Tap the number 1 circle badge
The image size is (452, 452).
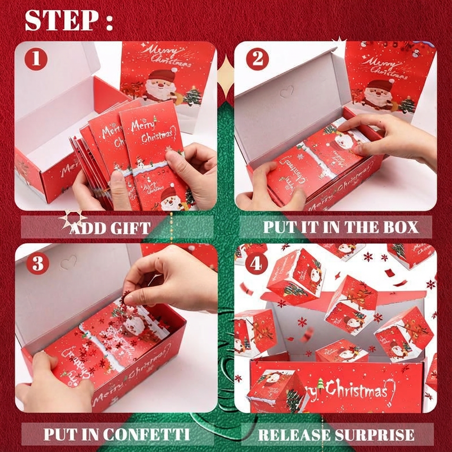click(36, 59)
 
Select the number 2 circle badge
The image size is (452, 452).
click(257, 59)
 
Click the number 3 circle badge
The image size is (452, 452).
click(38, 264)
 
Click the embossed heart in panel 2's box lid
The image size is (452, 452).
click(287, 92)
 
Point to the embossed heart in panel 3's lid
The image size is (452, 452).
click(68, 263)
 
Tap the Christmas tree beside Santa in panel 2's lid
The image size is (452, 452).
click(407, 105)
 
